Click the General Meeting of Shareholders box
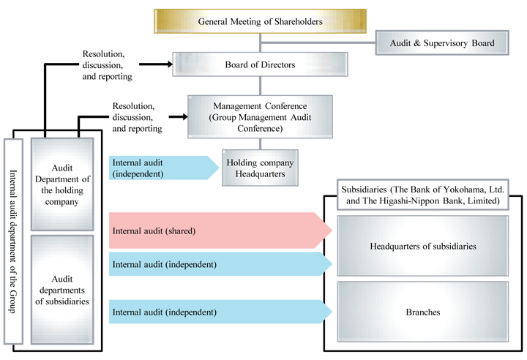coord(260,21)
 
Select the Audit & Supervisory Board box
coord(441,44)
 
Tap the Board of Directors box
coord(260,64)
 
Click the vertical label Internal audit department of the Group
coord(14,241)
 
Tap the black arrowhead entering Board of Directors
coord(168,64)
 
